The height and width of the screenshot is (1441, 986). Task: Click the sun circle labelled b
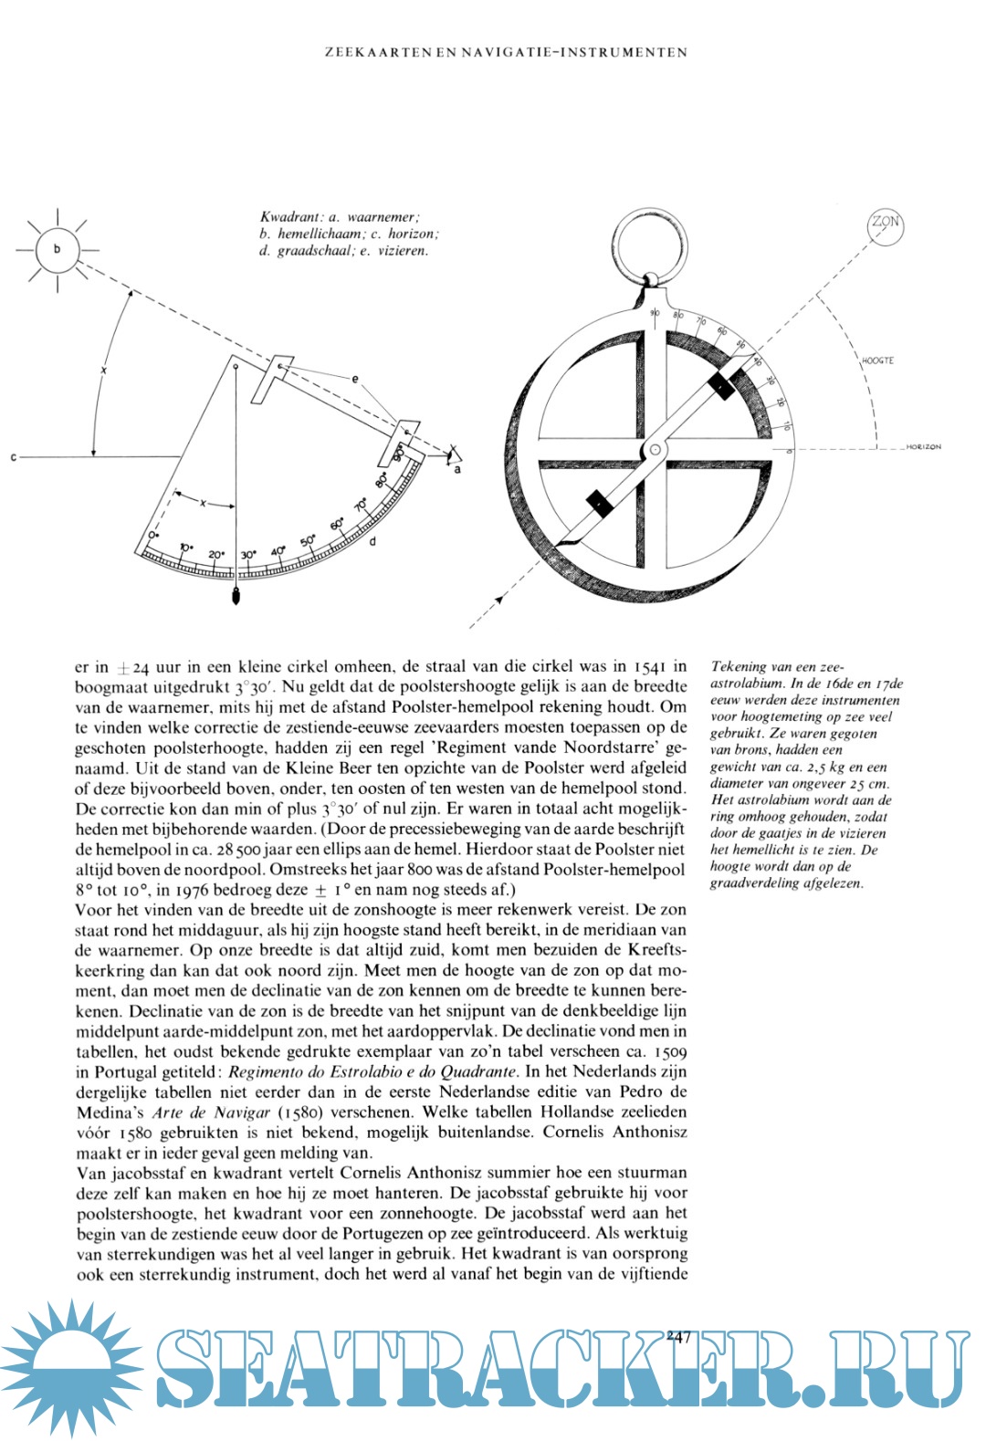tap(58, 249)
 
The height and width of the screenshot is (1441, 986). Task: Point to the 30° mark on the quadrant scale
tap(247, 554)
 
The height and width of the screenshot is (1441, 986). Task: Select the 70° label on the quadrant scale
tap(362, 503)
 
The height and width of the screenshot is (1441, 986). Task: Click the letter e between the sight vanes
tap(355, 378)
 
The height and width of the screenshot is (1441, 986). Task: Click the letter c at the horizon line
tap(13, 456)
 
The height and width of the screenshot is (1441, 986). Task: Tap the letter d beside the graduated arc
tap(372, 541)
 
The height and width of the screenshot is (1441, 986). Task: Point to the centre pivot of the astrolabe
tap(655, 450)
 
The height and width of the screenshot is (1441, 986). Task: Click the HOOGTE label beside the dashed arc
tap(877, 360)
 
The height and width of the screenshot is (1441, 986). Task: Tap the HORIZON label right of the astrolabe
tap(923, 447)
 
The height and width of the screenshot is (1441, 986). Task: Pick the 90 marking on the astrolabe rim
tap(655, 313)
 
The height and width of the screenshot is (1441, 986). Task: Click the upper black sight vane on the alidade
tap(721, 385)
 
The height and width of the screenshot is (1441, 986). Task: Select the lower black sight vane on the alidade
tap(597, 502)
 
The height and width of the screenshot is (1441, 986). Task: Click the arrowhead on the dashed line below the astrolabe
tap(500, 600)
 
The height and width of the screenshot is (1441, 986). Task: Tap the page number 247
tap(677, 1336)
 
